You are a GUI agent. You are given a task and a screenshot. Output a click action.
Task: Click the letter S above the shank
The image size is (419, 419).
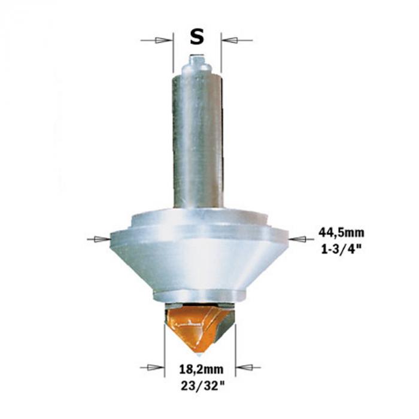pos(197,37)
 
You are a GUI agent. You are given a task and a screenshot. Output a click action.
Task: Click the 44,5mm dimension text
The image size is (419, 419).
pos(341,233)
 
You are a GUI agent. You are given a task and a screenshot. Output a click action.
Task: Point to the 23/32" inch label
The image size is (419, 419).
pos(202,385)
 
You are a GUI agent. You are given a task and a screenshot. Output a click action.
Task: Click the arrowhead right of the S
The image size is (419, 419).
pos(230,40)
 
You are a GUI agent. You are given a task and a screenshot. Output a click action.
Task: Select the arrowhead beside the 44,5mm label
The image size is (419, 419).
pos(297,239)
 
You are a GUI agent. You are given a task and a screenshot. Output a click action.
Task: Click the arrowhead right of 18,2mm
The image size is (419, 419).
pos(244,368)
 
